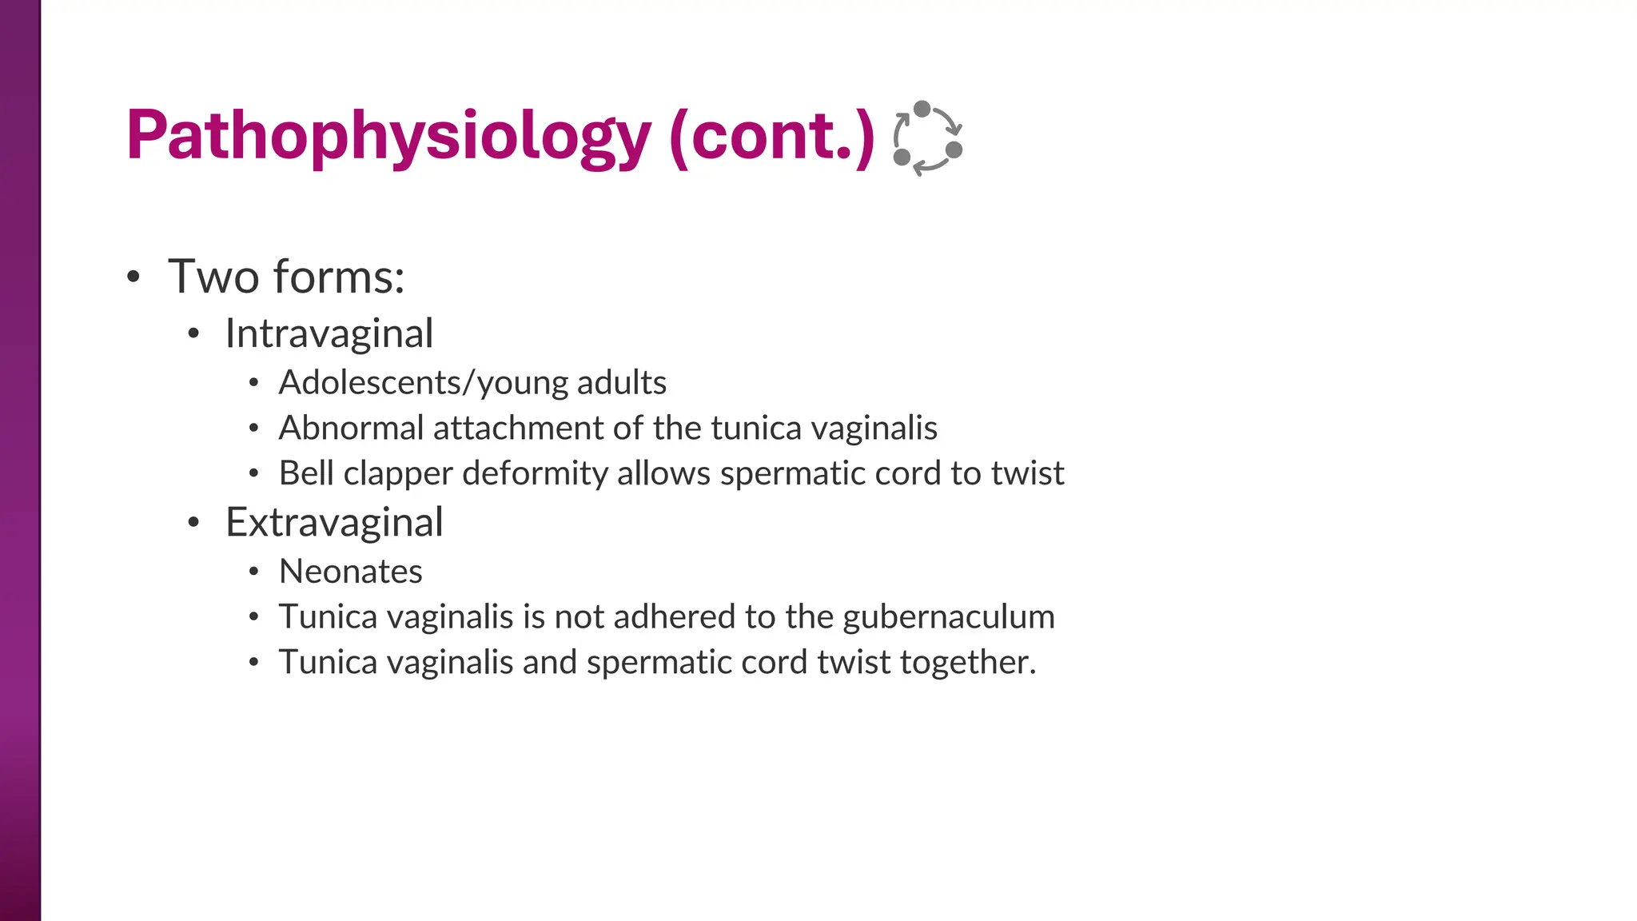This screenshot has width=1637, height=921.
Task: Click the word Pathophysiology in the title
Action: click(388, 136)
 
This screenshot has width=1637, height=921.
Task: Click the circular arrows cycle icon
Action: click(927, 138)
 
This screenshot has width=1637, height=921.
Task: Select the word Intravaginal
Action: click(329, 333)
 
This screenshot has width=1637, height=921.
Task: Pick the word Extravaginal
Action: click(334, 523)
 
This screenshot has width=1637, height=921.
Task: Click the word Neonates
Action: click(350, 572)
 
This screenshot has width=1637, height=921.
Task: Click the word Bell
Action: click(306, 473)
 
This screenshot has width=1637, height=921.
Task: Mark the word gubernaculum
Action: click(949, 618)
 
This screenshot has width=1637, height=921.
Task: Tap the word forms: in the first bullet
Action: click(339, 277)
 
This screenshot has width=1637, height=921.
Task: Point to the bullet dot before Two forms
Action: click(133, 277)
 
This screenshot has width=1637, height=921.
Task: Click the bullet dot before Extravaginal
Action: click(193, 524)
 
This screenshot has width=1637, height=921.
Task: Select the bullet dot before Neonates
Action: click(253, 572)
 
